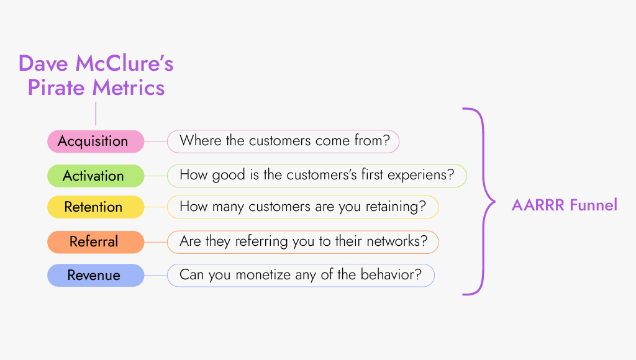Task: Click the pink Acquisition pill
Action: pos(96,142)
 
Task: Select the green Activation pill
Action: pos(96,176)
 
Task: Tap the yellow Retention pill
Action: pos(96,207)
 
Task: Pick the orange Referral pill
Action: pos(96,241)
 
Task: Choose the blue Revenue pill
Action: pos(96,275)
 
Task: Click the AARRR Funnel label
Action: pos(564,205)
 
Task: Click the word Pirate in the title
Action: pos(57,87)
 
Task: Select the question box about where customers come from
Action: pos(283,142)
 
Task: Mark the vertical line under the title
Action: pos(96,114)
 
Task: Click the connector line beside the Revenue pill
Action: pos(155,275)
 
